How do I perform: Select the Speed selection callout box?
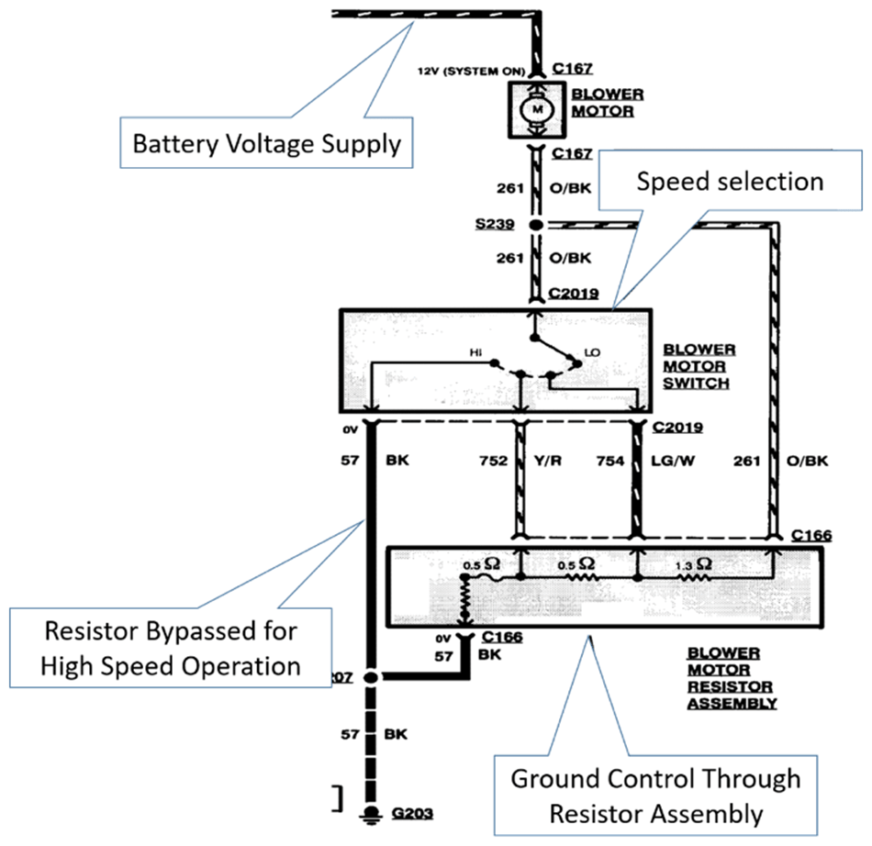click(x=731, y=181)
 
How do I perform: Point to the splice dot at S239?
click(x=536, y=225)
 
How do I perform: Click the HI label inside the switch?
click(x=475, y=352)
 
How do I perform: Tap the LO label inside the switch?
click(x=592, y=352)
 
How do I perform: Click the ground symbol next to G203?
click(x=372, y=813)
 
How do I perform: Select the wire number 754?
click(x=609, y=462)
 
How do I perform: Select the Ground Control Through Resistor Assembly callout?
click(x=655, y=795)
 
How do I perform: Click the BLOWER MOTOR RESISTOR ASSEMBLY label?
click(x=731, y=678)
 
